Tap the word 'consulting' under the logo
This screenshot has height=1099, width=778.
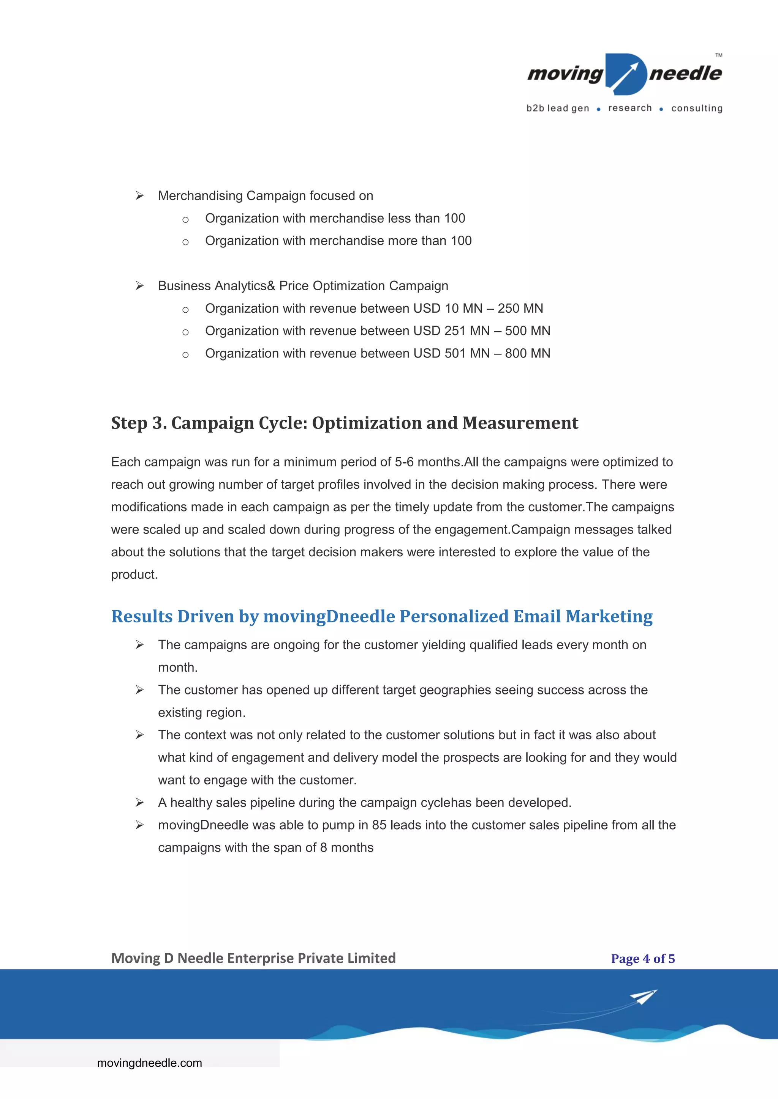click(x=697, y=108)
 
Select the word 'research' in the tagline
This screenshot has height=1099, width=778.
click(x=629, y=108)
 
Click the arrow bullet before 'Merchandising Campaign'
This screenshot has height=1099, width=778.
click(x=139, y=196)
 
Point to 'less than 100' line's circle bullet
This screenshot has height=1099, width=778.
click(x=185, y=220)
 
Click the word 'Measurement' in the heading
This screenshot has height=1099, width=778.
click(x=520, y=423)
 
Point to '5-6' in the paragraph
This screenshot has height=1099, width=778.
click(x=404, y=462)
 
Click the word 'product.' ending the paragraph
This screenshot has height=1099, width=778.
click(x=134, y=575)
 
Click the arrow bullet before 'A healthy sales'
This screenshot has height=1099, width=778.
click(x=139, y=803)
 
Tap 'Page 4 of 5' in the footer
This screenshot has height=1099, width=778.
click(x=642, y=959)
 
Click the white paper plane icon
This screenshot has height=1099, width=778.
click(x=644, y=997)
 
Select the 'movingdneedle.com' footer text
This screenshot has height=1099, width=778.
click(x=149, y=1063)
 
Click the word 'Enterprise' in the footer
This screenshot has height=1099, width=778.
click(x=260, y=958)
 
